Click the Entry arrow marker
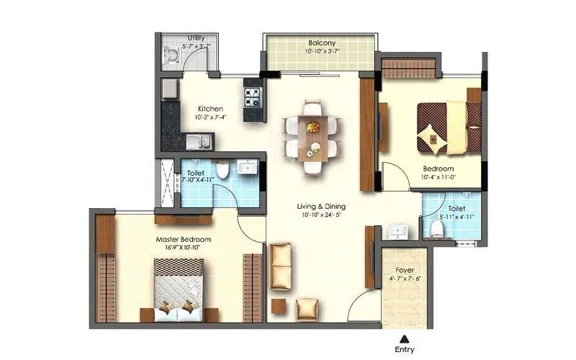click(405, 338)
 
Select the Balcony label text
click(322, 42)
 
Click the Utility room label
click(194, 37)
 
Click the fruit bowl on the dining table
click(312, 127)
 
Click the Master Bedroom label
click(183, 238)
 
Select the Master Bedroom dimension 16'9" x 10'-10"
click(183, 248)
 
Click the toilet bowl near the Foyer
click(437, 228)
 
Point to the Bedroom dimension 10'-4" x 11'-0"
click(438, 176)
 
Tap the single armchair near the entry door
click(307, 307)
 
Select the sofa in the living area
click(281, 267)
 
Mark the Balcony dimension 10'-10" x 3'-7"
click(321, 52)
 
